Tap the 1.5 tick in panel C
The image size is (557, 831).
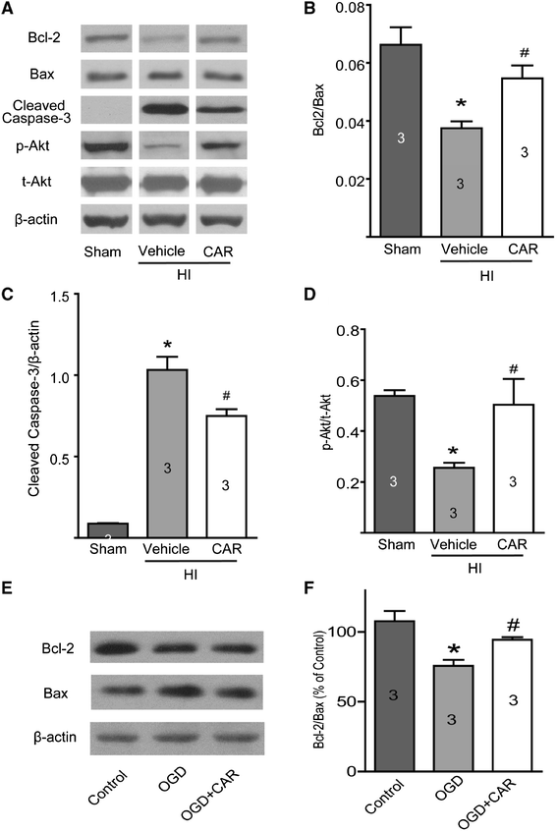[68, 293]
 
